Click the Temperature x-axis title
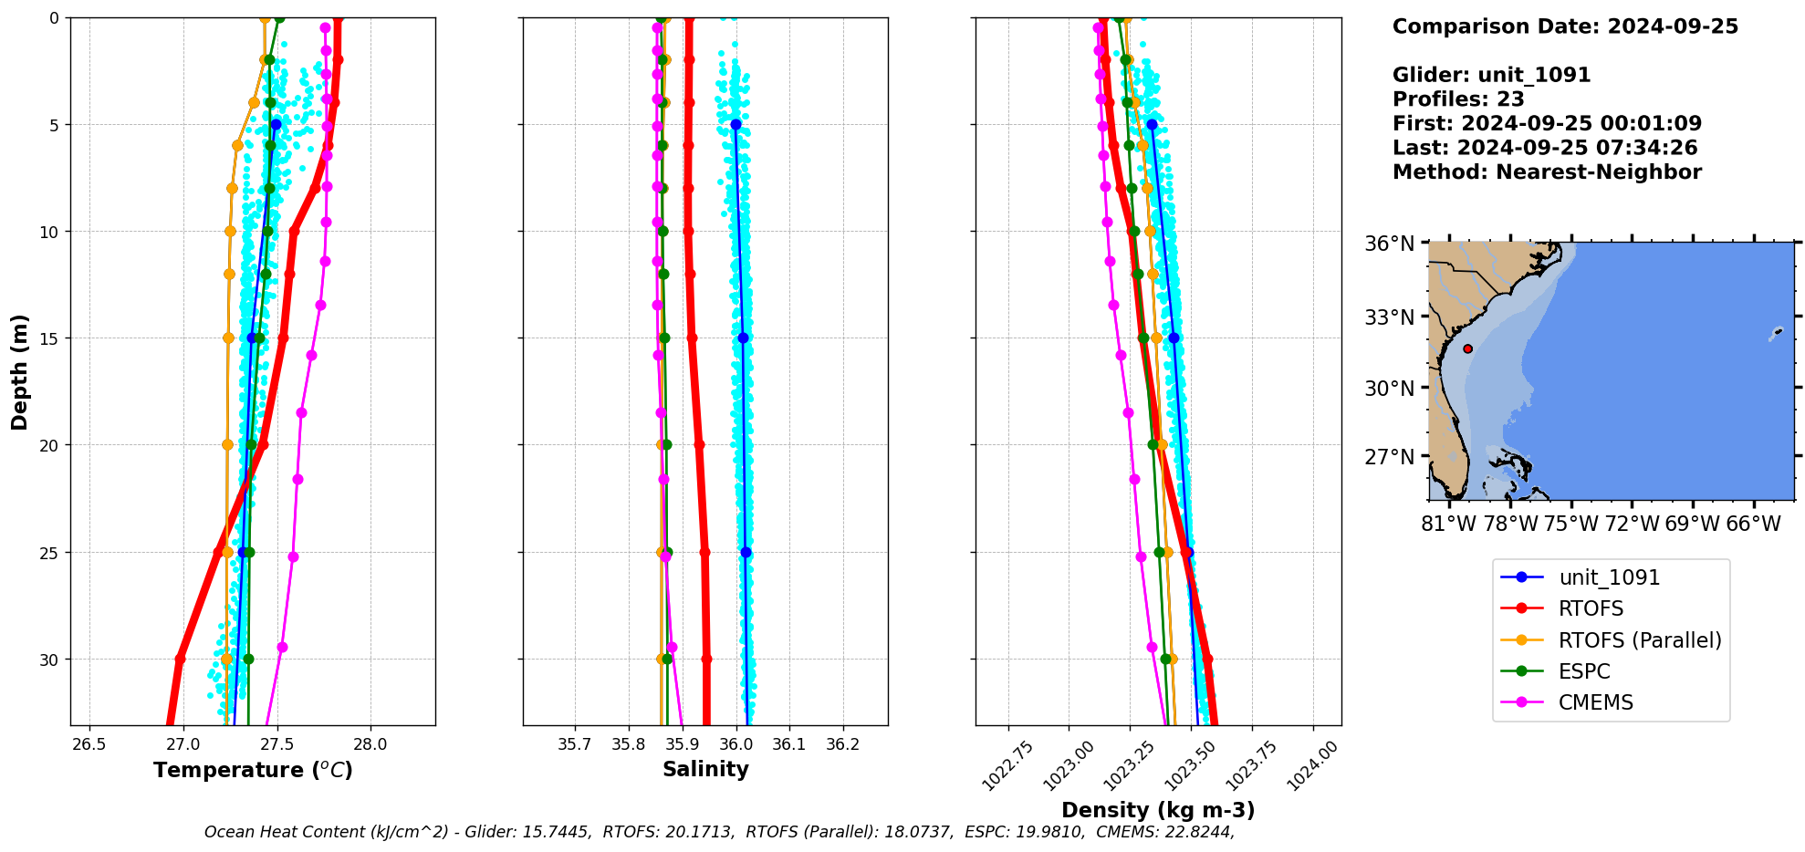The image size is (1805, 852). click(x=253, y=770)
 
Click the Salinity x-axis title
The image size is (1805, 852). click(x=705, y=769)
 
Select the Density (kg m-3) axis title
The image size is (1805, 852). click(x=1158, y=810)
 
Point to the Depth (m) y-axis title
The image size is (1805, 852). click(x=19, y=371)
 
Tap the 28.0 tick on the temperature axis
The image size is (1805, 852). click(x=370, y=744)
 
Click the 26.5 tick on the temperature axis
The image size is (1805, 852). click(x=89, y=744)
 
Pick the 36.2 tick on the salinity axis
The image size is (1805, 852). click(x=842, y=744)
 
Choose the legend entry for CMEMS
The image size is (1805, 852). click(x=1595, y=702)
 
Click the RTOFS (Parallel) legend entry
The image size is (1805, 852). click(x=1640, y=640)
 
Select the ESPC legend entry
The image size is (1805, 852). click(x=1584, y=671)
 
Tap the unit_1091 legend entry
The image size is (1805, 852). click(x=1609, y=577)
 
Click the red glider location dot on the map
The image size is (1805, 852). click(x=1467, y=348)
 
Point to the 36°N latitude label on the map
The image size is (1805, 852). click(x=1389, y=244)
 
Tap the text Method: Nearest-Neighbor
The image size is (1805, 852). click(x=1547, y=172)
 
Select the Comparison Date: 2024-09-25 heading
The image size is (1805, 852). click(x=1565, y=26)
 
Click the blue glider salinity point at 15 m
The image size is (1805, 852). click(x=743, y=338)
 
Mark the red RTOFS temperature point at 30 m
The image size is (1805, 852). click(x=180, y=659)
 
